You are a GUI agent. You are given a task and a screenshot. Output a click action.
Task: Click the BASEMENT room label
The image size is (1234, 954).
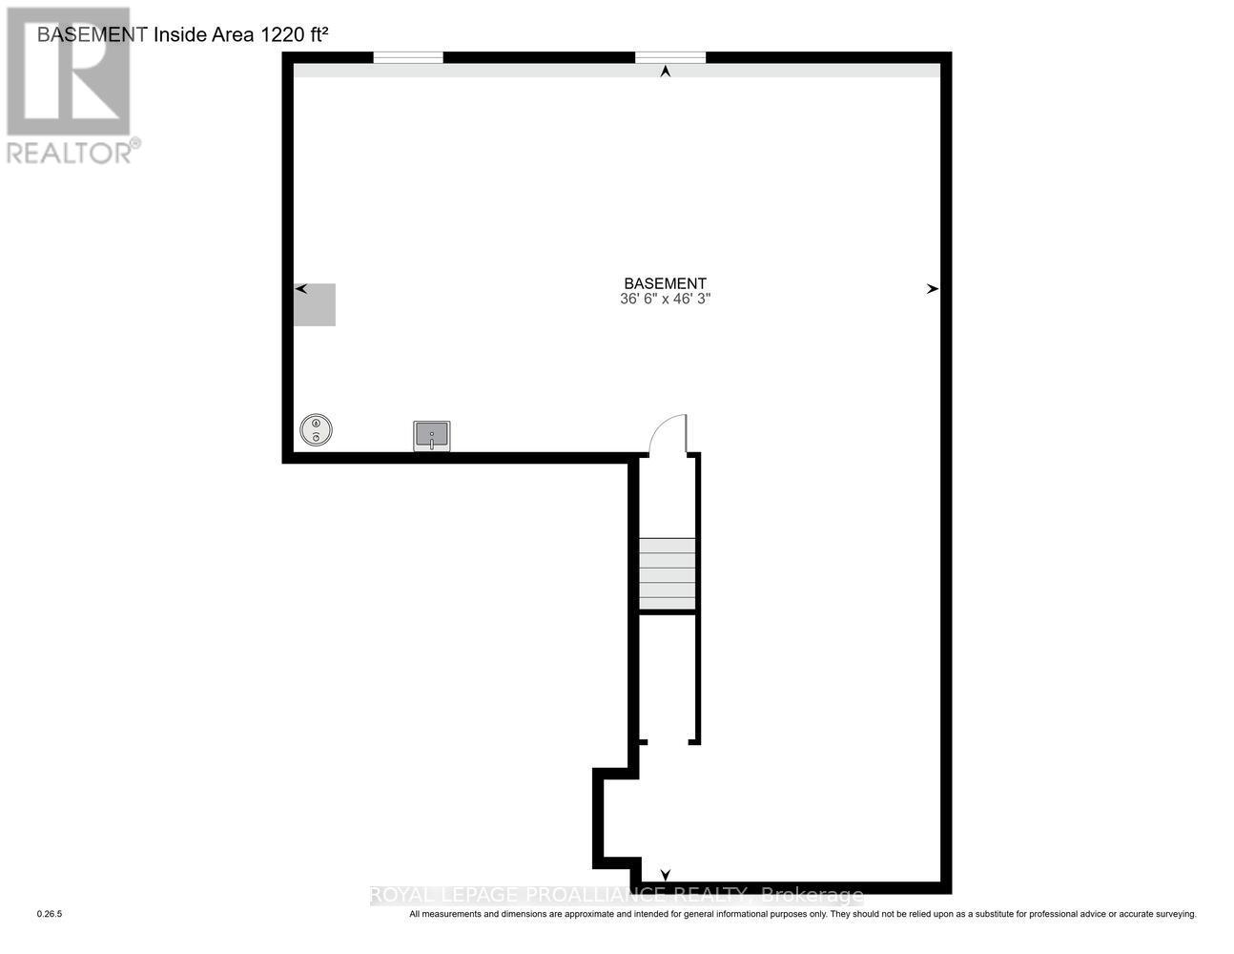click(665, 283)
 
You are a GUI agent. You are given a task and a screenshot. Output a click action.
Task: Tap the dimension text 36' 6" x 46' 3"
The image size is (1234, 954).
click(665, 299)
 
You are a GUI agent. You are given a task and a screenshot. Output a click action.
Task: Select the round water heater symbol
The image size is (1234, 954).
click(316, 430)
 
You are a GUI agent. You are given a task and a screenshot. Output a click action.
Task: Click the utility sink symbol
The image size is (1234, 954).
click(431, 436)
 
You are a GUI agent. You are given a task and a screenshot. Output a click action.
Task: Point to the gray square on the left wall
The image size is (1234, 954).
click(314, 305)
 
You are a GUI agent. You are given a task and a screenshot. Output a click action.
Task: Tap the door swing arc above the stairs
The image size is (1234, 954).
click(668, 434)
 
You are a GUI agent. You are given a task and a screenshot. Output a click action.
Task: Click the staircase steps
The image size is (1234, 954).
click(667, 573)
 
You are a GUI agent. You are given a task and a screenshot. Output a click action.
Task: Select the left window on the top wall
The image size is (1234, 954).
click(408, 58)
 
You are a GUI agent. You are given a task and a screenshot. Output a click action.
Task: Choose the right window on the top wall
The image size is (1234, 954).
click(670, 58)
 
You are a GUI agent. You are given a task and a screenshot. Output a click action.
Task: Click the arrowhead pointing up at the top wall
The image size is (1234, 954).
click(666, 71)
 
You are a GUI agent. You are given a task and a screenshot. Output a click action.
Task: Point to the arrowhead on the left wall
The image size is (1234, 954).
click(300, 288)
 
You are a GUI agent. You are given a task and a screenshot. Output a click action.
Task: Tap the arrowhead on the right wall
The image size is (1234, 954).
click(932, 288)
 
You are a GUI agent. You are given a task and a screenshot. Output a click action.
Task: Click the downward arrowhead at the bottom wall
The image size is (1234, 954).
click(666, 875)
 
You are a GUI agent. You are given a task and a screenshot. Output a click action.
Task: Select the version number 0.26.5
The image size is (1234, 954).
click(49, 914)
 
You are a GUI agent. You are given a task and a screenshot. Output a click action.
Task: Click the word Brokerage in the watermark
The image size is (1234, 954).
click(812, 895)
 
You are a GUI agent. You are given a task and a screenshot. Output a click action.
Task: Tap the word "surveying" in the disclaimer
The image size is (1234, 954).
click(1170, 914)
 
